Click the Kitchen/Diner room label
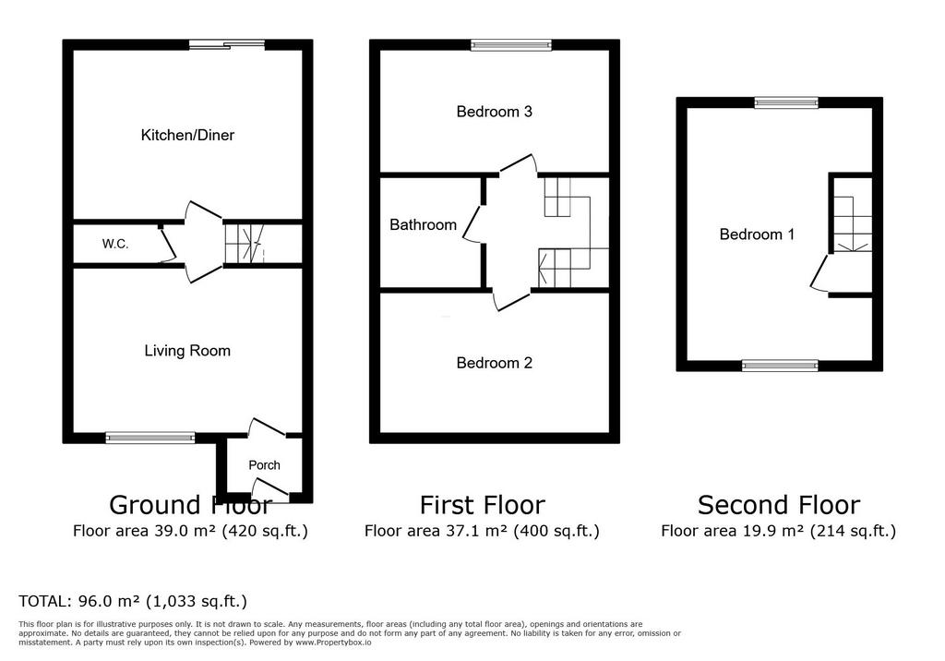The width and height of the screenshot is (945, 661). [187, 135]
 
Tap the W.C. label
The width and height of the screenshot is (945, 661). [115, 245]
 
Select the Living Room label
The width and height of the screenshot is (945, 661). [187, 351]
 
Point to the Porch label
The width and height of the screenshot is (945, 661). [265, 465]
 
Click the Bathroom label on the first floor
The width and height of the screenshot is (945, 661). [423, 225]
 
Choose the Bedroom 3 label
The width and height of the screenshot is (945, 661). [495, 112]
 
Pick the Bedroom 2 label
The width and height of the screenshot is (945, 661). [495, 363]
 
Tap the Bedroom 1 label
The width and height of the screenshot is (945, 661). [757, 234]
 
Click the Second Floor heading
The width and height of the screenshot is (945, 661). [779, 505]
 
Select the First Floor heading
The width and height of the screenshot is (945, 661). [482, 505]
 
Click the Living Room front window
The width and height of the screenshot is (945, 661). [150, 438]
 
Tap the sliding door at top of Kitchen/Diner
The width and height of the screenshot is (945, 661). [227, 44]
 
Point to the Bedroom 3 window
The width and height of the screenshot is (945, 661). [511, 44]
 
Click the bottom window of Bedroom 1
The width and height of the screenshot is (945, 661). [780, 366]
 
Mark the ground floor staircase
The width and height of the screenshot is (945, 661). [245, 244]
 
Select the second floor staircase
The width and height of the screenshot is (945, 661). [853, 224]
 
